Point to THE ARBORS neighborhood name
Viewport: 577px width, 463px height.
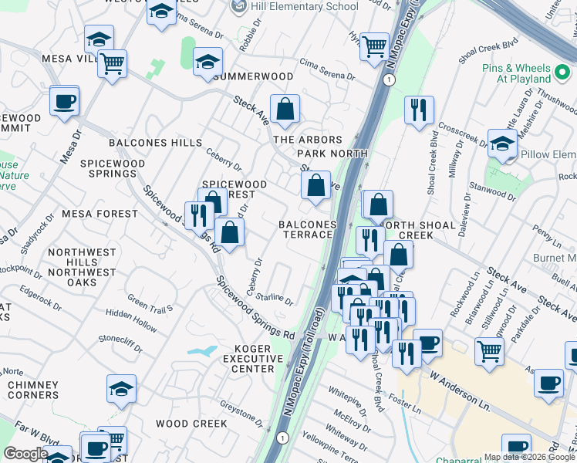308,140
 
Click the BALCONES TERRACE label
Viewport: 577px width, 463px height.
308,229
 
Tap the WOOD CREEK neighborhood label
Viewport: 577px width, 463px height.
191,424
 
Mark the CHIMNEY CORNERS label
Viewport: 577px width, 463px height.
32,390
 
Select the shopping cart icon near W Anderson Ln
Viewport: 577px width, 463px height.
490,352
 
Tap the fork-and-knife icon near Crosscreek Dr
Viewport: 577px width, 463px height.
419,110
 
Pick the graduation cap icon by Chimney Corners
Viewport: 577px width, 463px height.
121,390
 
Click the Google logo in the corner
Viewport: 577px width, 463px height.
25,454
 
